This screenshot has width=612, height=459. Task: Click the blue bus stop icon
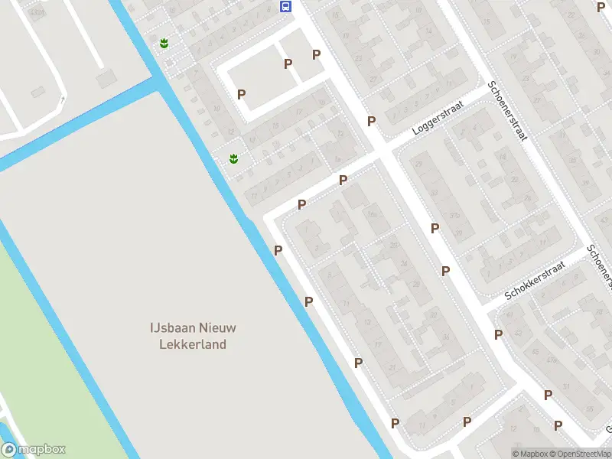click(x=285, y=7)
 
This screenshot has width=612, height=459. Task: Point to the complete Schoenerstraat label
click(x=508, y=110)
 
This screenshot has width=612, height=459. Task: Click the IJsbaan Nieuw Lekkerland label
click(x=193, y=336)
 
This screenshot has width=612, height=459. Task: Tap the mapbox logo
click(x=34, y=450)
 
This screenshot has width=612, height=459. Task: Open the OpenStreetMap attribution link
click(x=578, y=454)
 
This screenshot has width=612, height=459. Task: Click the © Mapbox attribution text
click(x=532, y=454)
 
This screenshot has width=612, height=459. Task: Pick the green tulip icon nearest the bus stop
click(x=164, y=44)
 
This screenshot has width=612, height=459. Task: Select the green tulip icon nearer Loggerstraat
click(x=233, y=159)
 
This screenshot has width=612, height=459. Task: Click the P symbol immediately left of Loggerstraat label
click(x=371, y=121)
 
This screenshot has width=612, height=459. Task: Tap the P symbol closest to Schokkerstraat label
click(x=498, y=334)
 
